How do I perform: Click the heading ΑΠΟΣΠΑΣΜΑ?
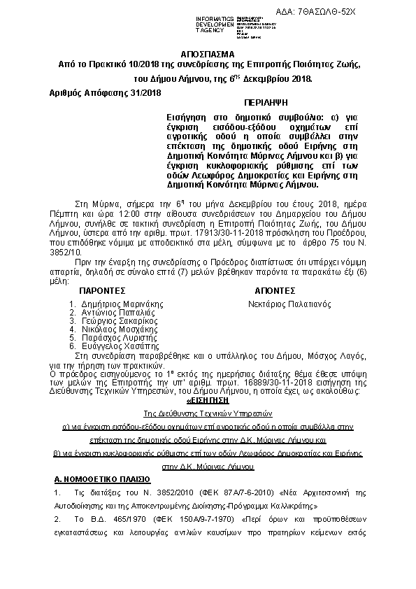click(208, 54)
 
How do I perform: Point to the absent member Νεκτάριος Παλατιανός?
click(289, 304)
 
